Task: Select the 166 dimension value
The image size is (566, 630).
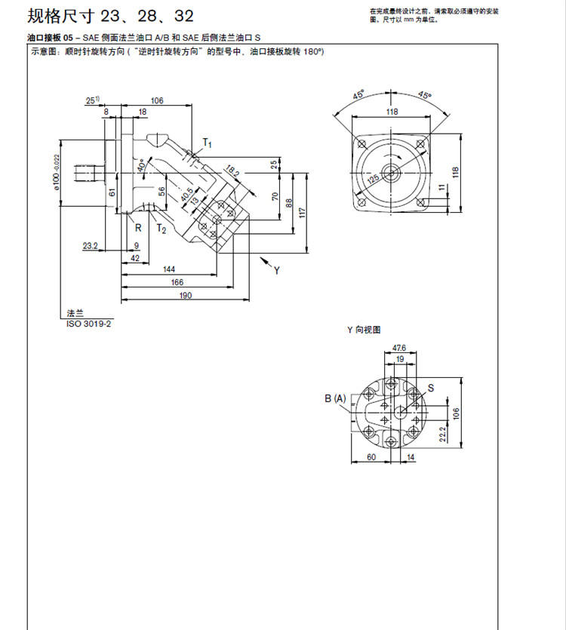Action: (x=177, y=281)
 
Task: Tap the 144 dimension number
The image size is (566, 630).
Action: (x=168, y=269)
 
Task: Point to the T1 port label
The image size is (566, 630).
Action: (x=208, y=143)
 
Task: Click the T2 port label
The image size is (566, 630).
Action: (x=160, y=228)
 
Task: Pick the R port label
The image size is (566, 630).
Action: (x=138, y=227)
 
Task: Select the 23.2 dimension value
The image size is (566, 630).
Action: (x=91, y=245)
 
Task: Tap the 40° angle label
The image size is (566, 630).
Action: (x=140, y=164)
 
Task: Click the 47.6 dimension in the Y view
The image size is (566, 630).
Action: (x=399, y=348)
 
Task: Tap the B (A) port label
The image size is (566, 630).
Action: (x=336, y=398)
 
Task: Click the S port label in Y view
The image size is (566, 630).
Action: (x=431, y=388)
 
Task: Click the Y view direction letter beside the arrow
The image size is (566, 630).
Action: (x=277, y=269)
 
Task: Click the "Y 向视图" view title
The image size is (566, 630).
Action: (x=363, y=330)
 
